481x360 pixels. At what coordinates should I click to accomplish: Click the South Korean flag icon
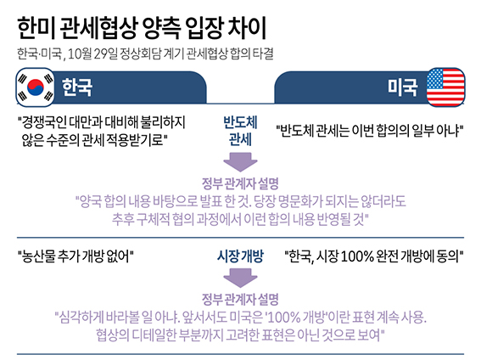tap(36, 87)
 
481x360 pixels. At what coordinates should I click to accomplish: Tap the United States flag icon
tap(445, 87)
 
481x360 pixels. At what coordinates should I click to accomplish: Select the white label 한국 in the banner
tap(77, 87)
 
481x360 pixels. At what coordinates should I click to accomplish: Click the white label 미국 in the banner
tap(402, 87)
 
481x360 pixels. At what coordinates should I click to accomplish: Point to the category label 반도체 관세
tap(240, 131)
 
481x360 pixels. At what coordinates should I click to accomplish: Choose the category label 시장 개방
tap(240, 256)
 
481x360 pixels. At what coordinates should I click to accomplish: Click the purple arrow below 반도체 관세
tap(240, 161)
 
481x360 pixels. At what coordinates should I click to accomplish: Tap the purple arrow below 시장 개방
tap(240, 278)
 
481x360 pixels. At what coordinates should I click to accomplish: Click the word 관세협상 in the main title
tap(98, 28)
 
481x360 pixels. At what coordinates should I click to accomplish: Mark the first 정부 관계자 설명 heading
tap(240, 183)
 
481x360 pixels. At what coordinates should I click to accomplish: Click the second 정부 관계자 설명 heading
tap(240, 299)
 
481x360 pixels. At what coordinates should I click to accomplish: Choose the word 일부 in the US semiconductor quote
tap(422, 131)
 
